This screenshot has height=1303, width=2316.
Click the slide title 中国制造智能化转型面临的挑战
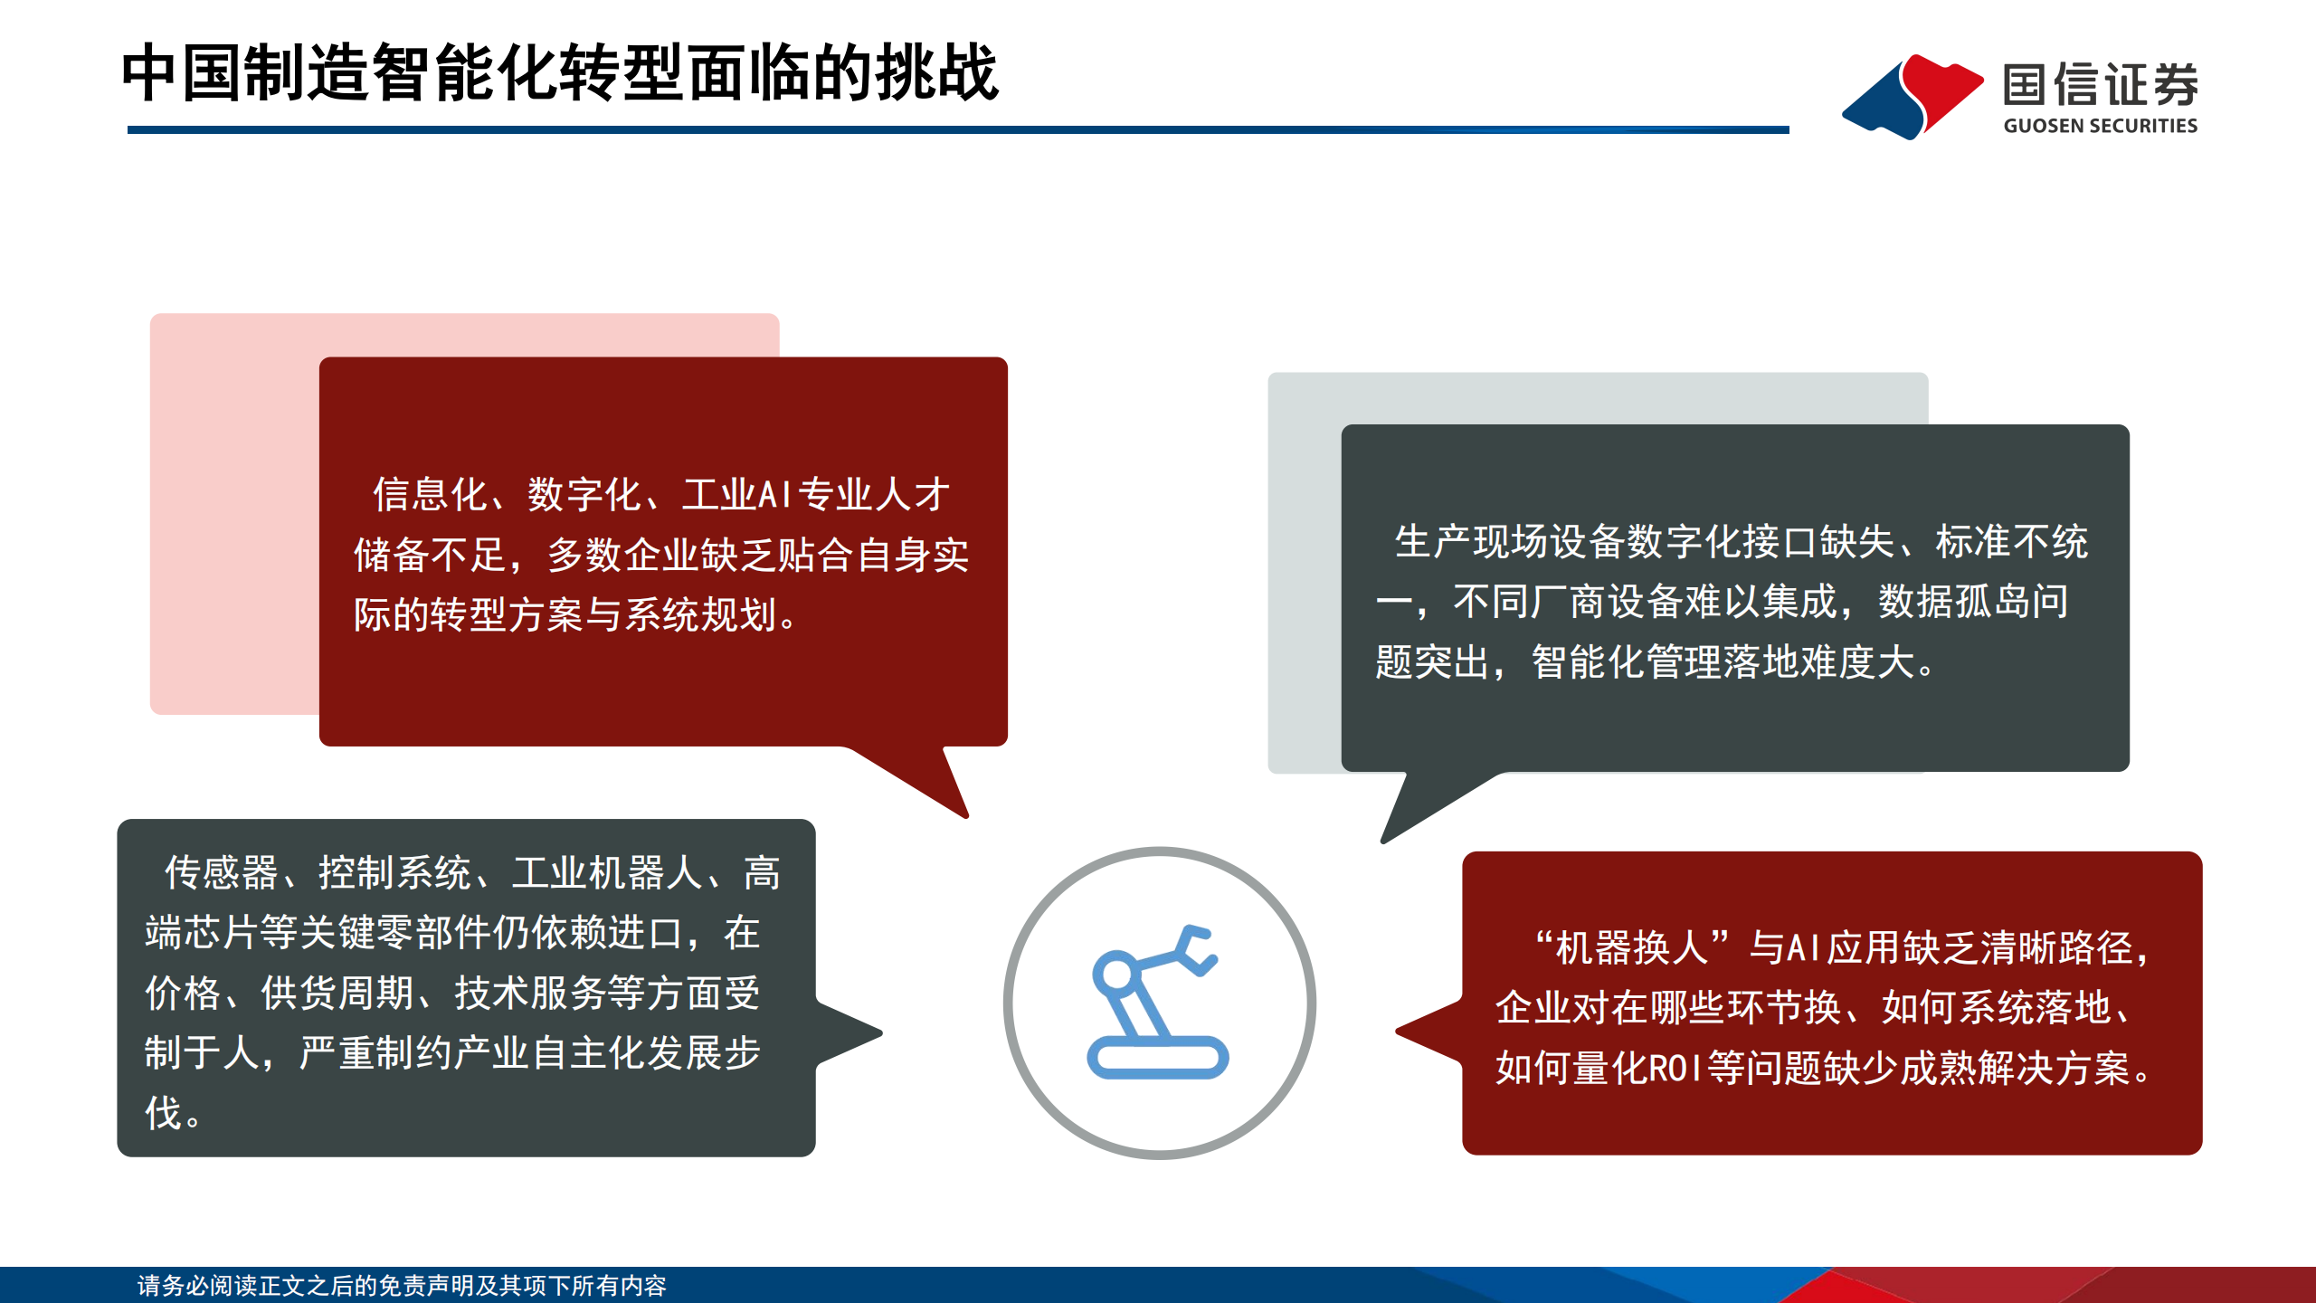pyautogui.click(x=559, y=72)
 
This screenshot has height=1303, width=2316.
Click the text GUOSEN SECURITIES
pyautogui.click(x=2100, y=126)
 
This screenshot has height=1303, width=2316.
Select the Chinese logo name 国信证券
pyautogui.click(x=2100, y=84)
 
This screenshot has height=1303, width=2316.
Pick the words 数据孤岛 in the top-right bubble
pyautogui.click(x=1954, y=602)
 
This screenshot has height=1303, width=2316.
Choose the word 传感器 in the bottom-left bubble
pyautogui.click(x=222, y=873)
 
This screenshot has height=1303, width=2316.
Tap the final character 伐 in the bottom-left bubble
pyautogui.click(x=164, y=1113)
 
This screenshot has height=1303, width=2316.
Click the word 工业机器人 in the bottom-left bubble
pyautogui.click(x=607, y=873)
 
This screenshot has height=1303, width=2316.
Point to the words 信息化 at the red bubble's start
pyautogui.click(x=430, y=495)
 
